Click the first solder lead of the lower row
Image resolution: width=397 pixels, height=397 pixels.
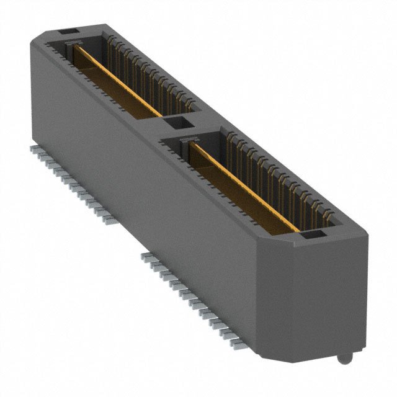(x=146, y=256)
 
